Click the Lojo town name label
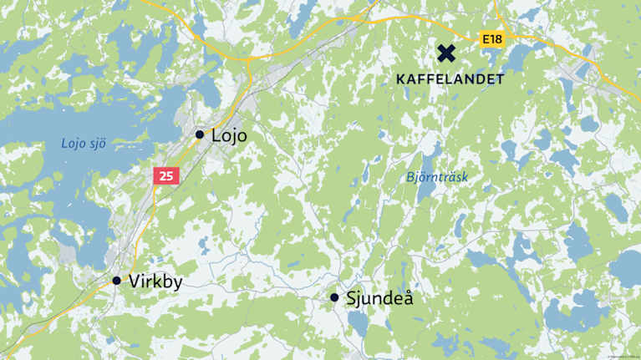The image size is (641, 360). (230, 135)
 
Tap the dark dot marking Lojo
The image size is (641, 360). (200, 134)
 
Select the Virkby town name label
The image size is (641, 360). (155, 281)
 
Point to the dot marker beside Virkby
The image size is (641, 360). (117, 281)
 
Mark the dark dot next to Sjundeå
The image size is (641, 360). (334, 297)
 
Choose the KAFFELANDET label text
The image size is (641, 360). (450, 79)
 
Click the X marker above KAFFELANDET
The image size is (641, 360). (447, 53)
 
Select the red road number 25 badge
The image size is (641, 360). (166, 175)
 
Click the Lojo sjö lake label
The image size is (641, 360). (84, 144)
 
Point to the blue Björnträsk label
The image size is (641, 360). (437, 177)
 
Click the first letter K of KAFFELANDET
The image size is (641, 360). (401, 79)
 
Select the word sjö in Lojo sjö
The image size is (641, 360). (98, 144)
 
